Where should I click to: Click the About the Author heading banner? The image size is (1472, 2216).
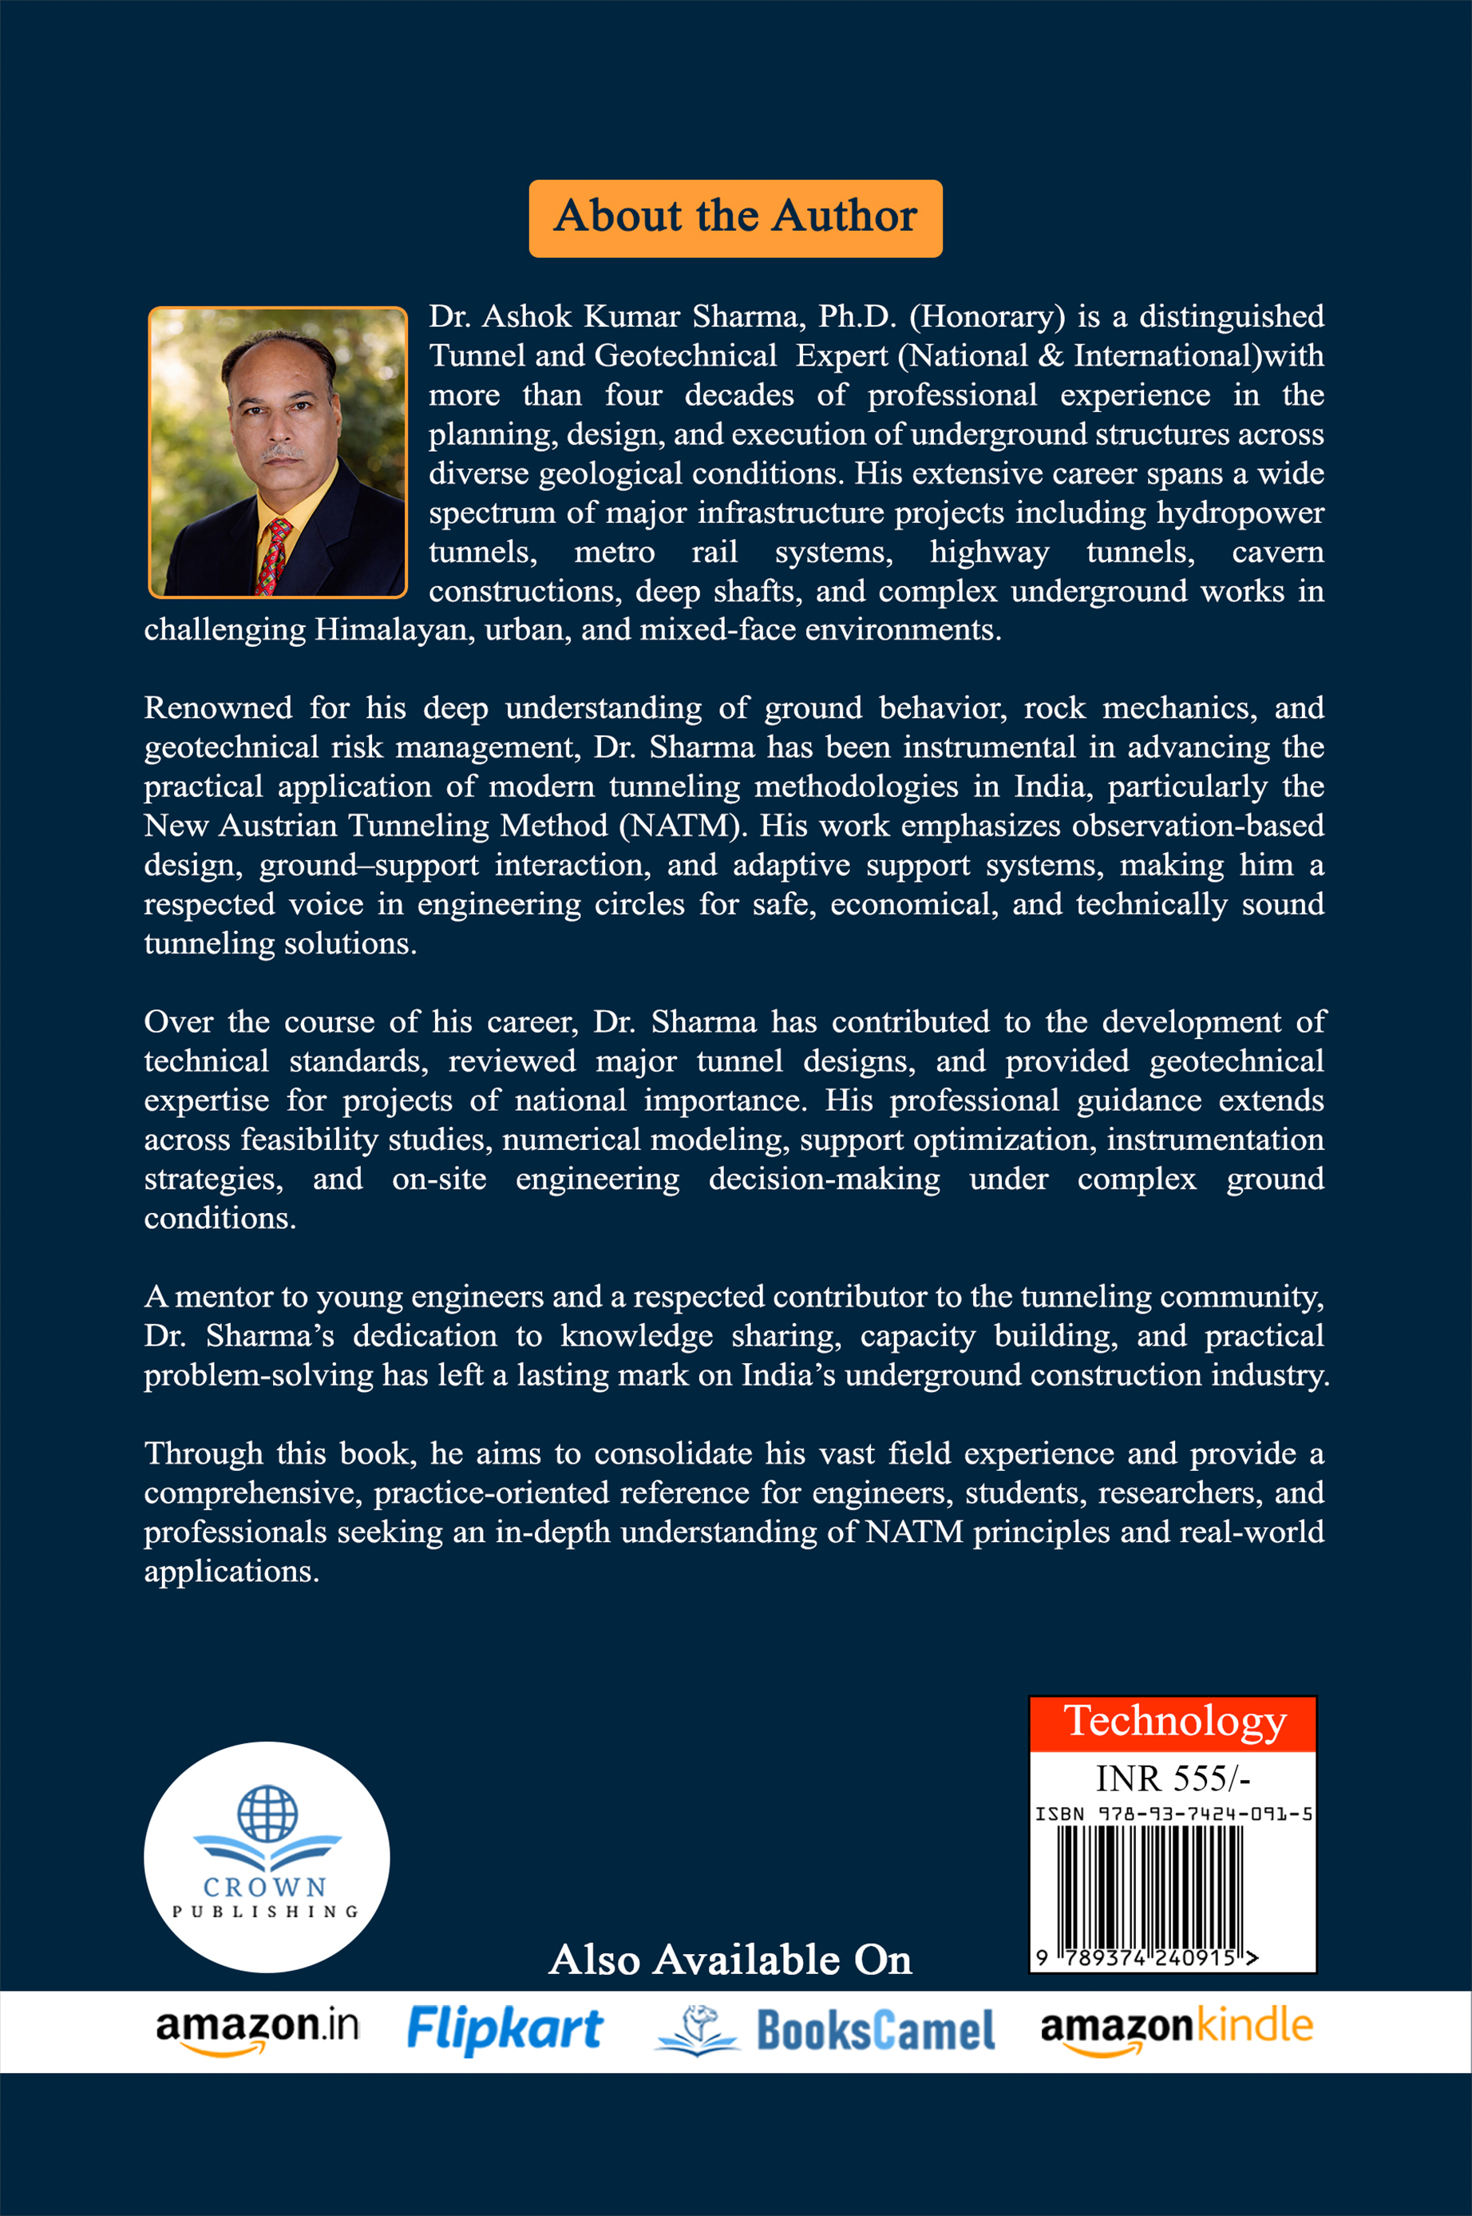click(735, 218)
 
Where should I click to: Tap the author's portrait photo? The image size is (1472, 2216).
click(278, 452)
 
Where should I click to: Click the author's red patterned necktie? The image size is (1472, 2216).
click(275, 554)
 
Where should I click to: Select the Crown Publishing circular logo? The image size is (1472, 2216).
click(267, 1857)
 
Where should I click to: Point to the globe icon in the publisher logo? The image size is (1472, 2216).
click(267, 1812)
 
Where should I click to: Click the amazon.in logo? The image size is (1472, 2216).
click(257, 2030)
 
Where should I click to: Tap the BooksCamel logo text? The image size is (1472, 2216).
click(875, 2031)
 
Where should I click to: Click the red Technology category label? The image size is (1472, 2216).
click(1173, 1722)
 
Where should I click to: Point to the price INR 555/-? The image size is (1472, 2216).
click(1173, 1778)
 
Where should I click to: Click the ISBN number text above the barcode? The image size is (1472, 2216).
click(1173, 1814)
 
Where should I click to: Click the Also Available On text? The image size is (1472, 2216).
click(730, 1960)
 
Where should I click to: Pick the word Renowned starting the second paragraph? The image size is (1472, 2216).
click(218, 707)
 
